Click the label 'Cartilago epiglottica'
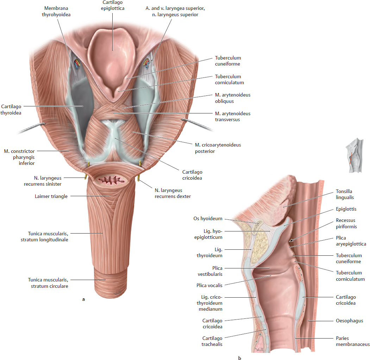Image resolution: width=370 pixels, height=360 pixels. pos(113,5)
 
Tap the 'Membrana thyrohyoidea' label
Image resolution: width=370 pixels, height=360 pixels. pos(56,11)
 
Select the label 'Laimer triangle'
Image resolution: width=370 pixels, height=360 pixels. pos(51,196)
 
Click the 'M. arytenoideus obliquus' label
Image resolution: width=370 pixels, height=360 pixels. pos(233,98)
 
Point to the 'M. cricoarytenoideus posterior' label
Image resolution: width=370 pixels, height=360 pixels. pos(218,148)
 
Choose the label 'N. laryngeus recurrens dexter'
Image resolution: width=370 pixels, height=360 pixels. pos(173,193)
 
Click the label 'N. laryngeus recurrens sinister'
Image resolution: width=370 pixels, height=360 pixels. pos(43,181)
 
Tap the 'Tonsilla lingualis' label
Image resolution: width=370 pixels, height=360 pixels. pos(345,194)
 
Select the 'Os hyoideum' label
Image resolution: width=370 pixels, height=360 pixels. pos(208,219)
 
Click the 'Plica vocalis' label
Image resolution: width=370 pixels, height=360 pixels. pos(209,285)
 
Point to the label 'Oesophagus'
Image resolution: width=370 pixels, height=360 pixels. pos(350,321)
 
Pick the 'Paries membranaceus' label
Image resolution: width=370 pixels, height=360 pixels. pos(353,341)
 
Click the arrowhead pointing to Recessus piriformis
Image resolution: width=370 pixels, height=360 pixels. pos(291,240)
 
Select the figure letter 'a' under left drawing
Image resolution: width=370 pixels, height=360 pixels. pos(83,299)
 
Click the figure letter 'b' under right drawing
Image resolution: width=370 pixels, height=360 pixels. pos(239,358)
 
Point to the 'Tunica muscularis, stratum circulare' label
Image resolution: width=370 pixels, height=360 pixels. pos(48,283)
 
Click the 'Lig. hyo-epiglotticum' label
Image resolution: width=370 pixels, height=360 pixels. pos(208,234)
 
